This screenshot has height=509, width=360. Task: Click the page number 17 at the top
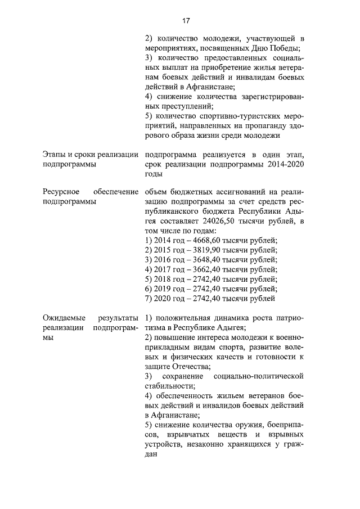pos(186,21)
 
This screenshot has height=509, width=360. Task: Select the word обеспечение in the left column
pos(116,192)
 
